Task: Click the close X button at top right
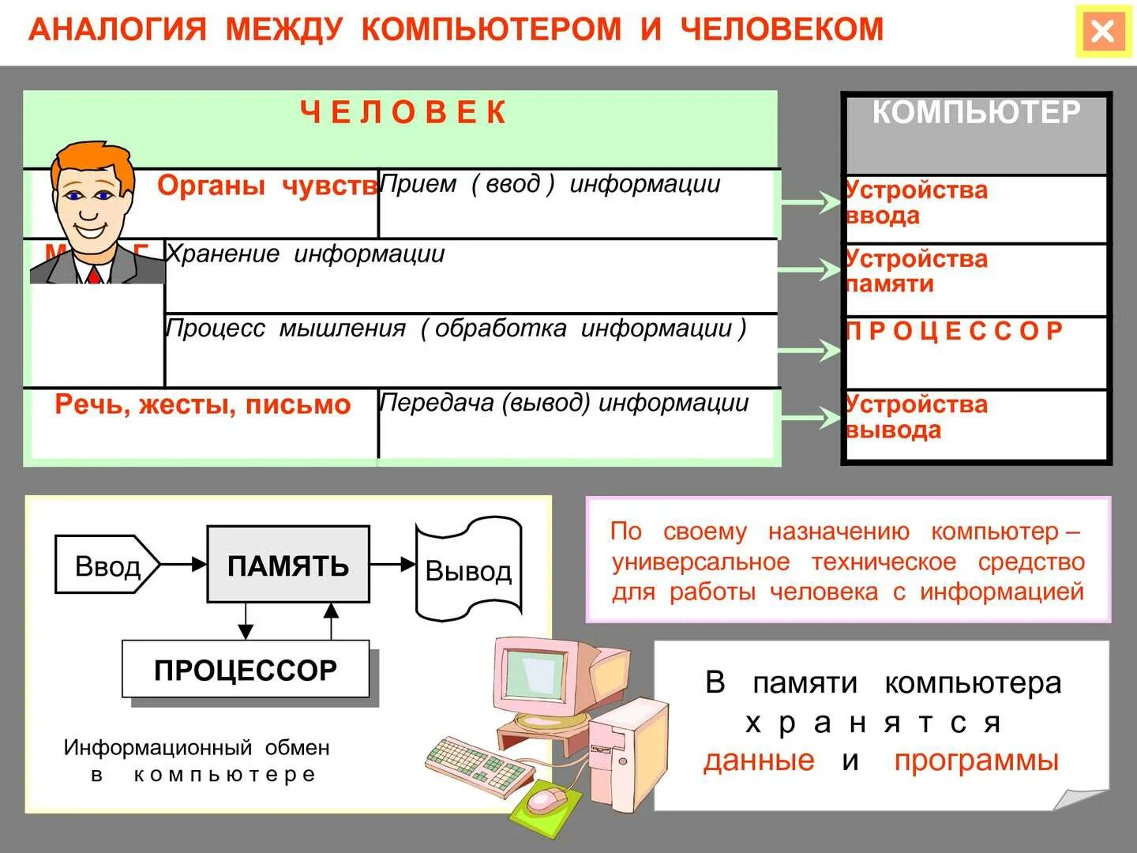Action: (x=1102, y=32)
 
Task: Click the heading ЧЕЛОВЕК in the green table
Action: (x=403, y=113)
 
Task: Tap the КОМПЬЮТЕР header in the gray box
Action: (x=976, y=113)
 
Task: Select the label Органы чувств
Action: (x=267, y=186)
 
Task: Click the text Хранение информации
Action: (x=305, y=254)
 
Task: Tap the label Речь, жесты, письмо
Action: (x=202, y=404)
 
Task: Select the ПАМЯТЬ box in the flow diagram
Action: (x=288, y=566)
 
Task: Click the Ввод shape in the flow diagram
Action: (x=107, y=566)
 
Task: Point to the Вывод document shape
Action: (x=468, y=569)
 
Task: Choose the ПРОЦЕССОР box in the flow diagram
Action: (x=246, y=670)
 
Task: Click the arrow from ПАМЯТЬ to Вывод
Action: (x=392, y=564)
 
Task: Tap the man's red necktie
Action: (x=95, y=275)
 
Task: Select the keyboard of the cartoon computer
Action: (x=478, y=762)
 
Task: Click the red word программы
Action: (x=976, y=760)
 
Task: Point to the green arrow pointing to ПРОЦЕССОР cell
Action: (x=809, y=351)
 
